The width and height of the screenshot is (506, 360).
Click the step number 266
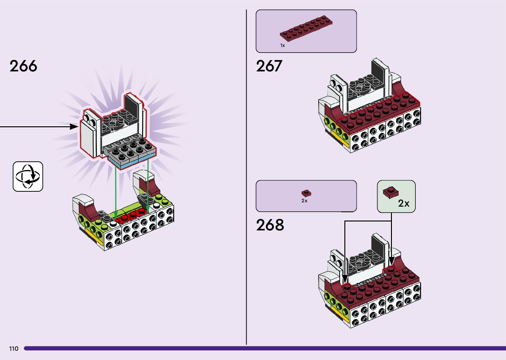click(23, 66)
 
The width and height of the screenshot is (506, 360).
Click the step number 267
click(269, 66)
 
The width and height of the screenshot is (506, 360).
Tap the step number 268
click(270, 225)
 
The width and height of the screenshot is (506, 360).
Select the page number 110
click(14, 349)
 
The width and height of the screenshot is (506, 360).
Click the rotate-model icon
click(28, 177)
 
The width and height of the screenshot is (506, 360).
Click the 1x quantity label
click(282, 45)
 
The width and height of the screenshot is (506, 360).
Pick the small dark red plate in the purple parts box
click(306, 193)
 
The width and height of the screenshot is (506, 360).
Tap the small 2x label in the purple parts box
click(304, 201)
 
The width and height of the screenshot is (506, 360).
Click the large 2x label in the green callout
click(404, 203)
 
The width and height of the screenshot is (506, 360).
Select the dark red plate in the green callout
click(391, 192)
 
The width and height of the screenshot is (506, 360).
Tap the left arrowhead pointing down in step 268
click(345, 278)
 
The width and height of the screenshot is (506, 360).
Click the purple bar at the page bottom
click(264, 348)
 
